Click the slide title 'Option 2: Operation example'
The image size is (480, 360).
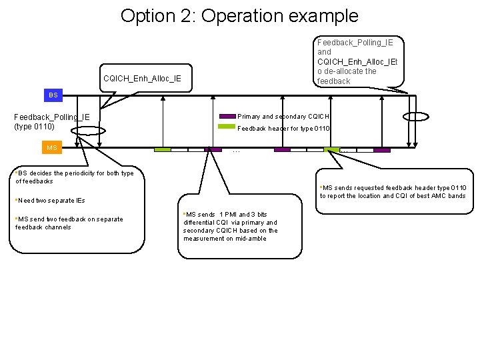pyautogui.click(x=239, y=16)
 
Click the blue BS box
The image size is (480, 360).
pyautogui.click(x=53, y=95)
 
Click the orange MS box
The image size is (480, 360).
pyautogui.click(x=52, y=147)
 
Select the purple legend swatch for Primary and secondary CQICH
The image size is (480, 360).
pyautogui.click(x=227, y=116)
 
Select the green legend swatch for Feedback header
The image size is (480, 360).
pyautogui.click(x=227, y=127)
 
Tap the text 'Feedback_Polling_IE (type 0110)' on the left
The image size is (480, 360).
pyautogui.click(x=52, y=122)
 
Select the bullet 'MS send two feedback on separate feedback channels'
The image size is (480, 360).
pyautogui.click(x=69, y=223)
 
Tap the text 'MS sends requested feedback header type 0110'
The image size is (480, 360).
pyautogui.click(x=393, y=188)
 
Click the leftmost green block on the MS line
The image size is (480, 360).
pyautogui.click(x=163, y=150)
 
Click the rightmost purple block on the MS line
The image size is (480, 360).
pyautogui.click(x=382, y=150)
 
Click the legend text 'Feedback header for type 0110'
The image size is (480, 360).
pyautogui.click(x=285, y=128)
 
